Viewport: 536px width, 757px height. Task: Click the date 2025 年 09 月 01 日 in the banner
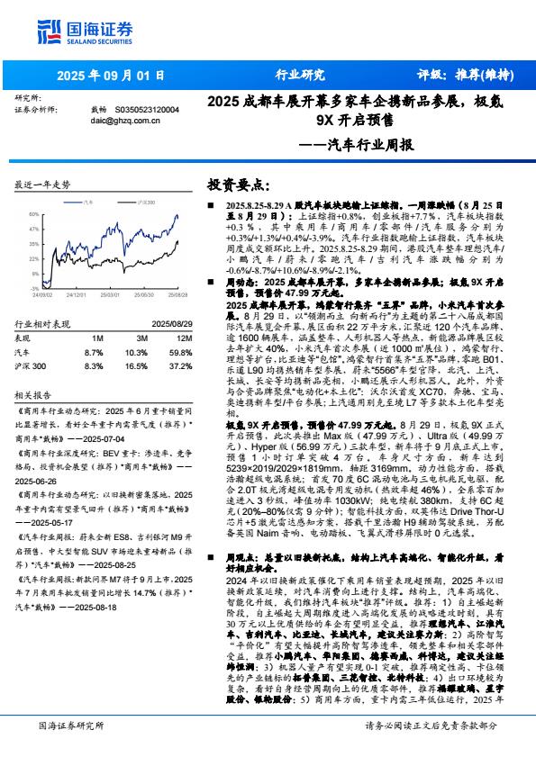[112, 76]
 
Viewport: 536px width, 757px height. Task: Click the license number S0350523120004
[147, 109]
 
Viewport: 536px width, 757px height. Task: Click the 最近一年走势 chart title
[42, 185]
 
